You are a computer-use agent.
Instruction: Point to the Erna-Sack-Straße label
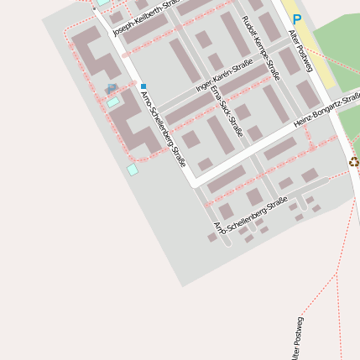tap(227, 109)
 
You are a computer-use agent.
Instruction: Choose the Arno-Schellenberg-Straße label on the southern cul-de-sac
tap(251, 216)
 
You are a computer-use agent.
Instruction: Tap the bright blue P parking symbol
tap(296, 18)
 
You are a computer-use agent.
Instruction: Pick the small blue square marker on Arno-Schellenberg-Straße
tap(143, 86)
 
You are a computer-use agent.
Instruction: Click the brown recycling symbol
tap(353, 162)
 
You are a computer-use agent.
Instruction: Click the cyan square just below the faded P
tap(112, 102)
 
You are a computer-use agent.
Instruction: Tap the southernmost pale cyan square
tap(132, 170)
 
